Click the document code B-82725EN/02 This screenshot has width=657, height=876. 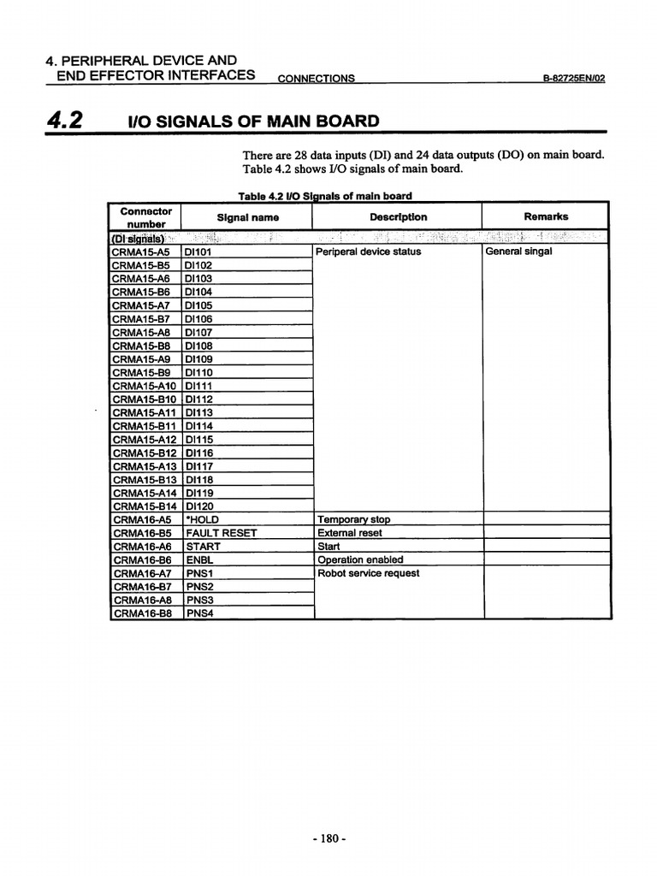point(574,78)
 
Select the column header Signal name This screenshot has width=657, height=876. point(247,217)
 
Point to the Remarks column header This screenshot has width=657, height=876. point(545,216)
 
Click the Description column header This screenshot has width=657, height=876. point(398,217)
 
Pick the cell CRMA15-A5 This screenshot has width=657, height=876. point(141,252)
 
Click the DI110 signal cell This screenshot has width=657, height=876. point(199,373)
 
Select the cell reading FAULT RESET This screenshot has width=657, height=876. point(222,533)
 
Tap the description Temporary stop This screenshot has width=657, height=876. point(353,519)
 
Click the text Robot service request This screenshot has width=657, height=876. point(368,573)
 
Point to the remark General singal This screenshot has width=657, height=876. point(518,252)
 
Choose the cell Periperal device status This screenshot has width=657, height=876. point(368,252)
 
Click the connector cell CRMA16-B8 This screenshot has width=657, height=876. point(142,613)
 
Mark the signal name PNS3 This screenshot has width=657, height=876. point(199,600)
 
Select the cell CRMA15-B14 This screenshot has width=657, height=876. point(145,506)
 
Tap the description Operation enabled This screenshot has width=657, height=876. point(360,559)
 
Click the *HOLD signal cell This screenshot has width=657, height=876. point(203,519)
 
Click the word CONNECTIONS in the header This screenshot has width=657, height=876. point(317,78)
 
